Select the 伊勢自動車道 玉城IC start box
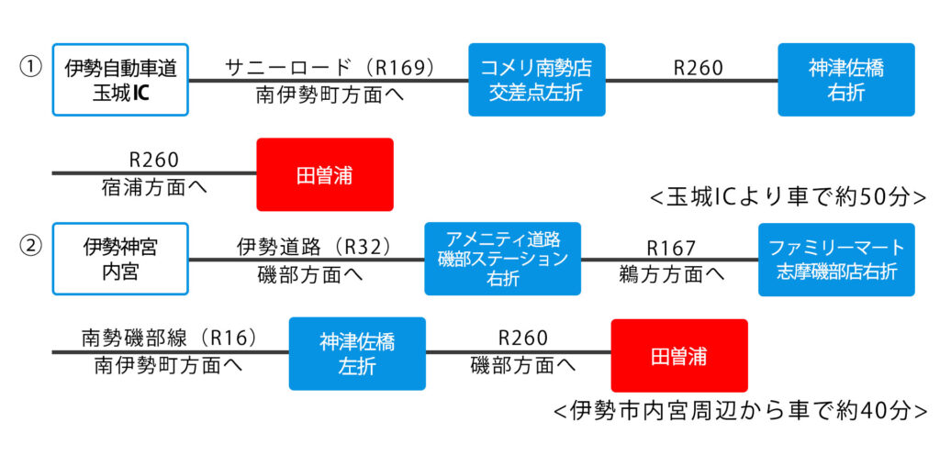[120, 80]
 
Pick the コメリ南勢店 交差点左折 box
[536, 80]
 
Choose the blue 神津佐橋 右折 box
[845, 80]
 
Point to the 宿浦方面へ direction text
[154, 187]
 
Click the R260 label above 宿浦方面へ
[154, 160]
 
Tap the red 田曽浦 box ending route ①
[325, 175]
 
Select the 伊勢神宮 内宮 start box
[120, 259]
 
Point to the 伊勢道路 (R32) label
[314, 246]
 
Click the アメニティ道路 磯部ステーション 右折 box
[502, 259]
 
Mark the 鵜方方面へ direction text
[671, 274]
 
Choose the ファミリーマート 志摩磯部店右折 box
[836, 260]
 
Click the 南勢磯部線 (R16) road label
[170, 338]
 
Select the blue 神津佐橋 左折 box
[357, 354]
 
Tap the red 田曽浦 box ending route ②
[679, 356]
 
